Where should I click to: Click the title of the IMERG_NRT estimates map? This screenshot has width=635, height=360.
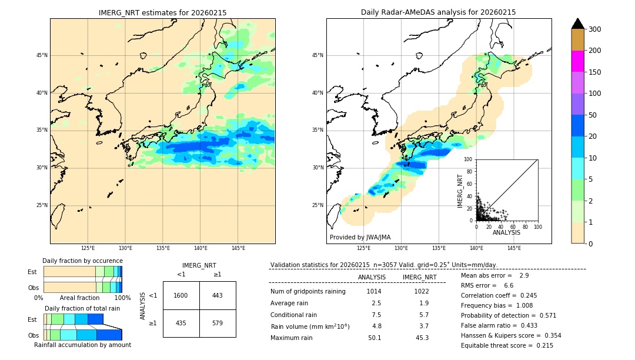tap(162, 12)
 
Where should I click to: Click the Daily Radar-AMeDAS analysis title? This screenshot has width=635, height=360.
tap(438, 12)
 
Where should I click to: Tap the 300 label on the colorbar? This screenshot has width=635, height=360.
tap(594, 29)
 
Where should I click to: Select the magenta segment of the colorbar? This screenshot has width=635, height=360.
tap(578, 61)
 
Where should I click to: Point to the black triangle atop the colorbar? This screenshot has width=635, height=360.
tap(578, 24)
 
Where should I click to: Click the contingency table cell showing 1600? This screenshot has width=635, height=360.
tap(181, 295)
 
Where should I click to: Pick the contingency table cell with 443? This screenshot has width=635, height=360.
tap(218, 295)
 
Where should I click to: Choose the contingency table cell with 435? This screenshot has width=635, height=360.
tap(181, 324)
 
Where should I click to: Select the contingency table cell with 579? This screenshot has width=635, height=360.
tap(218, 324)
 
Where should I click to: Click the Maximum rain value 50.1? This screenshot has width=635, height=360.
tap(375, 338)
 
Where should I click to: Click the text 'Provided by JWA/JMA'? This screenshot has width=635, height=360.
tap(360, 238)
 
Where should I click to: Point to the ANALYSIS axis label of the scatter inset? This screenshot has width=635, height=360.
tap(506, 232)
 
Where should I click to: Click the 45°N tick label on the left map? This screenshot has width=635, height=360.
tap(42, 55)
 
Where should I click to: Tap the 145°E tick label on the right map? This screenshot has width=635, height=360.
tap(514, 248)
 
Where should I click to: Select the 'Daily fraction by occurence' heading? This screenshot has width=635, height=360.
tap(82, 261)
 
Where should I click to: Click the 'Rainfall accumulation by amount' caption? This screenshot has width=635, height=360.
tap(82, 345)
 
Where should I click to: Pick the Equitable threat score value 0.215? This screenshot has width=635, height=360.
tap(541, 345)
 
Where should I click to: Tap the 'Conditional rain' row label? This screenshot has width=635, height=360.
tap(294, 315)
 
